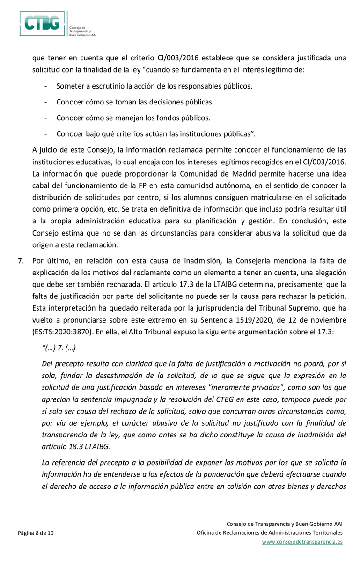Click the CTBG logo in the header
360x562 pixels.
coord(42,24)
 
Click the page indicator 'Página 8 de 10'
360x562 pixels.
coord(36,533)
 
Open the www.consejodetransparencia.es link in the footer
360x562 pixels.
coord(302,542)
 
